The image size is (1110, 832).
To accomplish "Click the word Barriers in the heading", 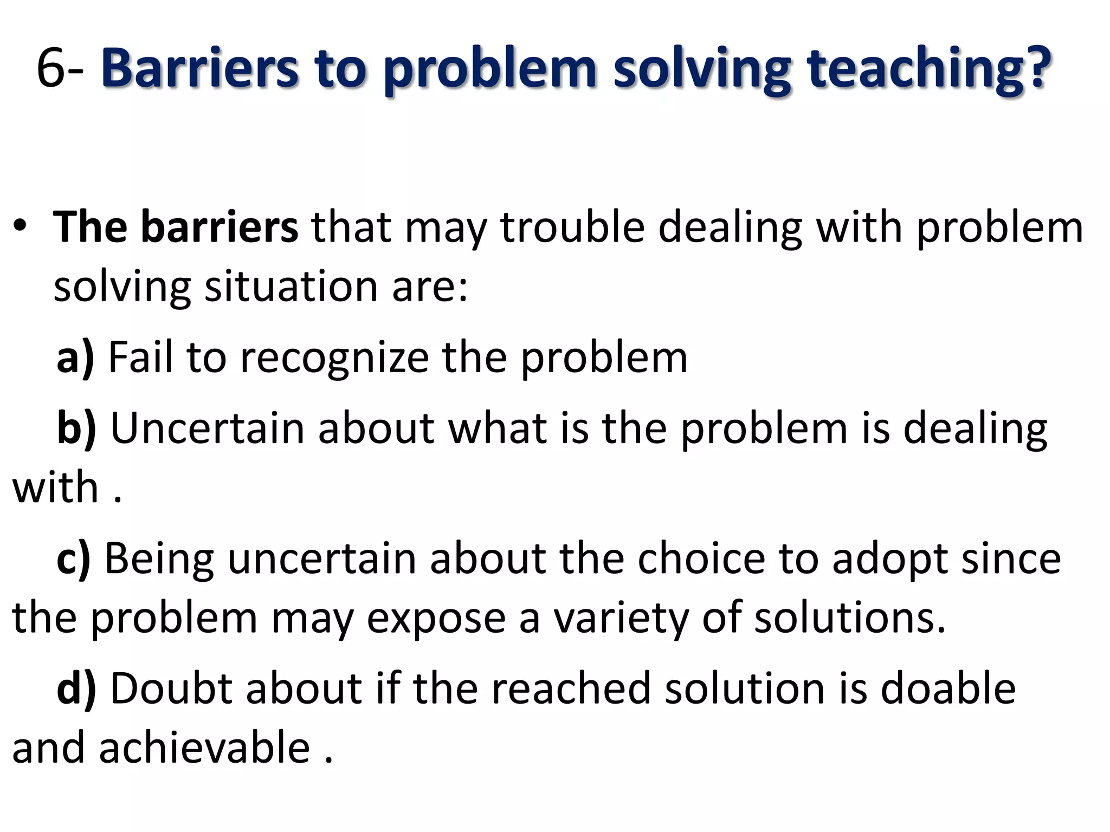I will point(199,69).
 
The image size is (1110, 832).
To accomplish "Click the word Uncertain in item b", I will point(208,428).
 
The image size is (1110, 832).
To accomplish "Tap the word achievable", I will point(205,748).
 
